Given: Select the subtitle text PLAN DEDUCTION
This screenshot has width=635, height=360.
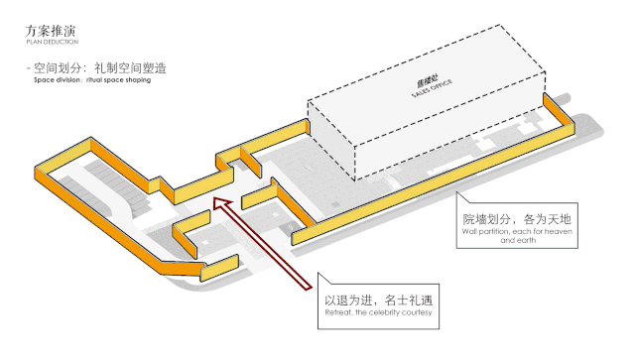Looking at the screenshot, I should tap(52, 43).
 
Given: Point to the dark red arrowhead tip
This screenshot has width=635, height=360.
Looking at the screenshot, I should tap(217, 202).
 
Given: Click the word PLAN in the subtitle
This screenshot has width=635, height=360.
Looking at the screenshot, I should tap(34, 43).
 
